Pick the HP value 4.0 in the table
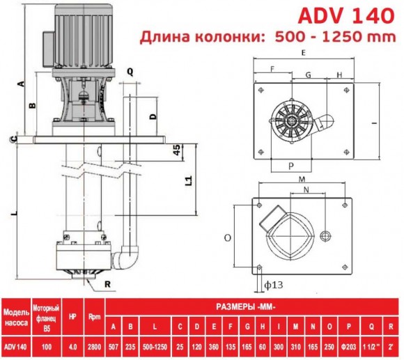(x=72, y=347)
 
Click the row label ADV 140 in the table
(x=15, y=347)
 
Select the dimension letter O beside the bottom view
(x=228, y=237)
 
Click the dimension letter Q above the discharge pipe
(x=130, y=70)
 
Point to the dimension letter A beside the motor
(x=21, y=83)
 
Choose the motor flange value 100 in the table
(x=47, y=347)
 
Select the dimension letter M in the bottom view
(x=302, y=179)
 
